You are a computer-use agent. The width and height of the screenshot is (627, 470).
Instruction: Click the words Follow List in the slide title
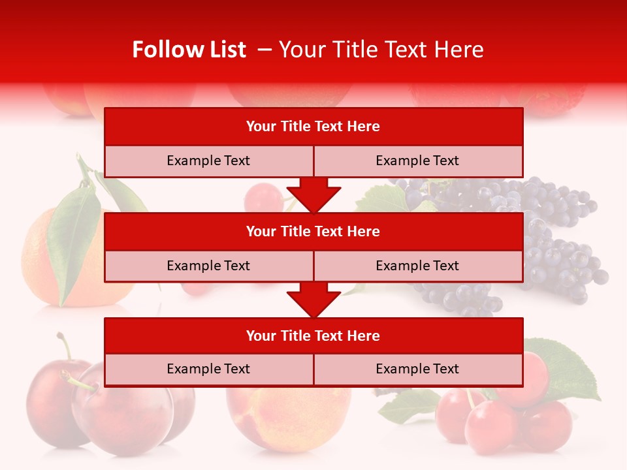(x=189, y=50)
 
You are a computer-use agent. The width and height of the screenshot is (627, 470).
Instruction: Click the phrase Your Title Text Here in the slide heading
(x=381, y=50)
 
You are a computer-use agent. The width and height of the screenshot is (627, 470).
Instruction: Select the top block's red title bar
(x=313, y=127)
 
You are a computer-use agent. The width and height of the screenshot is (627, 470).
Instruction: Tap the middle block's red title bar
(x=313, y=231)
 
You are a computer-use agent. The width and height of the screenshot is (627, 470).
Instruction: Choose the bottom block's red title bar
(x=313, y=336)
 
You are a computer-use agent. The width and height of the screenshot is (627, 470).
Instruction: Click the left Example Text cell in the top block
(x=208, y=161)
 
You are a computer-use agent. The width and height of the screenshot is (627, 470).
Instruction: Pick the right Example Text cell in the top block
(x=417, y=161)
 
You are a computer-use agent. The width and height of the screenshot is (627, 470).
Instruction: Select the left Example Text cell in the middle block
(x=208, y=266)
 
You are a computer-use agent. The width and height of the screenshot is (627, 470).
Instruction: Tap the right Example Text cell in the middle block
(x=417, y=266)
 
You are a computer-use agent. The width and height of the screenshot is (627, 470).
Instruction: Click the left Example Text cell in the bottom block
(x=208, y=369)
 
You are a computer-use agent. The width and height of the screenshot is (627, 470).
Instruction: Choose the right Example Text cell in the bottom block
(x=417, y=369)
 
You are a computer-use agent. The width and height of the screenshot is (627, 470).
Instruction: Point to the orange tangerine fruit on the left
(x=39, y=261)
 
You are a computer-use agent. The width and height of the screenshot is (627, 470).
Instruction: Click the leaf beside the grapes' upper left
(x=382, y=199)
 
